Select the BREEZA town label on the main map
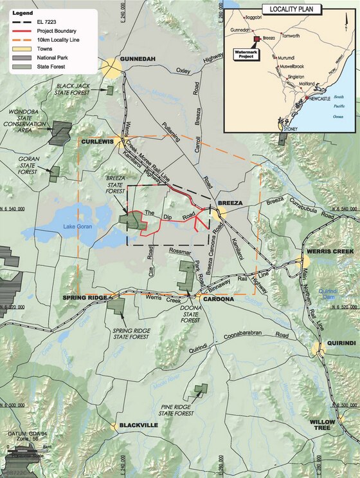coord(230,203)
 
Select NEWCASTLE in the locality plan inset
coord(318,100)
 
